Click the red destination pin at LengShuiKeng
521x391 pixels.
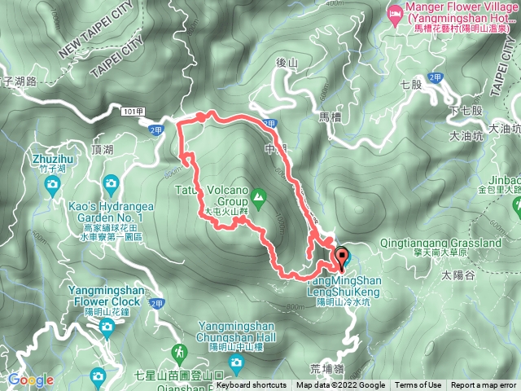pos(341,257)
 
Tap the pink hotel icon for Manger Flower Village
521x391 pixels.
pos(395,13)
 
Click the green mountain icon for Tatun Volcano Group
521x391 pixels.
pos(258,195)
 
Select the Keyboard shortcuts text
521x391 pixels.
pos(252,385)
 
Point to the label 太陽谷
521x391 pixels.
pos(458,276)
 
